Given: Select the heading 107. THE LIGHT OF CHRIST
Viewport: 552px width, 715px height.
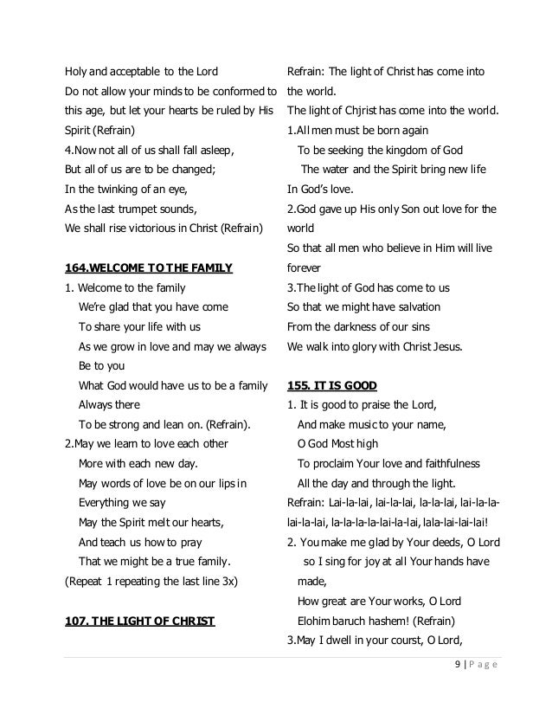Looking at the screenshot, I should tap(140, 620).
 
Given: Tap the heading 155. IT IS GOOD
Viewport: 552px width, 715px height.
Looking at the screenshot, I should tap(332, 383).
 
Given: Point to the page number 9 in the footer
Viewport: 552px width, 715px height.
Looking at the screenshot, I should tap(457, 664).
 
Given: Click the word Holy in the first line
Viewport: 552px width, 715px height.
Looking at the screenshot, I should tap(78, 70).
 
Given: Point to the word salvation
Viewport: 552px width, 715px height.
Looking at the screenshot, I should tap(414, 307).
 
